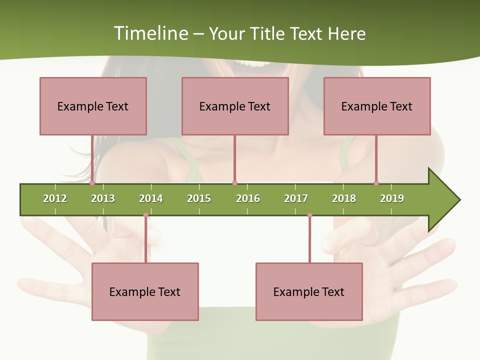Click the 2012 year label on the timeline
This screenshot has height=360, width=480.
point(55,198)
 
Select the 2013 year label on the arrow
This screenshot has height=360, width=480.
point(103,198)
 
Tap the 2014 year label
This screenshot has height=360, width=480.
point(151,198)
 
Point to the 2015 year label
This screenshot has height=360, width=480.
point(199,198)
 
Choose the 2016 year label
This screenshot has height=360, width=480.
point(248,198)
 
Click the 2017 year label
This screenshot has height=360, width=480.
point(296,198)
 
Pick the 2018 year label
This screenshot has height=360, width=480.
point(344,198)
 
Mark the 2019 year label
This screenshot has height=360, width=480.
point(392,198)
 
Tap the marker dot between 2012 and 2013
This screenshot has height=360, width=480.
point(92,183)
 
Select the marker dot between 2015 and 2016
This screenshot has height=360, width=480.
point(235,183)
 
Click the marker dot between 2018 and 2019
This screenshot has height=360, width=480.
point(376,183)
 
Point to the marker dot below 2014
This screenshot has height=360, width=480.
point(146,215)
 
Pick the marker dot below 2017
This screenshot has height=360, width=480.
point(309,215)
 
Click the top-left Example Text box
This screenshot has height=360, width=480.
point(93,106)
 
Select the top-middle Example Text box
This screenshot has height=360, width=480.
point(235,106)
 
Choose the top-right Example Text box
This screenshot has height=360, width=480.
point(377,106)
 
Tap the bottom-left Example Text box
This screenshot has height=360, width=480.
point(145,291)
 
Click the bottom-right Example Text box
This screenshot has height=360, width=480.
point(309,291)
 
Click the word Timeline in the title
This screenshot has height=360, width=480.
point(150,33)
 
